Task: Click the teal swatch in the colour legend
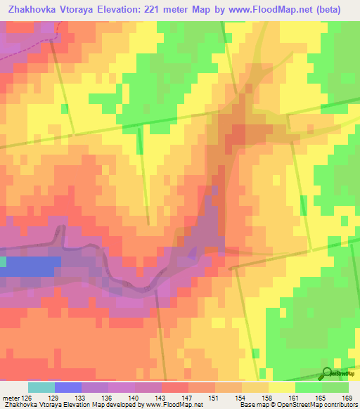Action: pos(41,387)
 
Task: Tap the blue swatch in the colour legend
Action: pos(67,387)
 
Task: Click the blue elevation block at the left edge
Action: pos(32,266)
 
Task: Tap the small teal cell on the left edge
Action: pos(3,261)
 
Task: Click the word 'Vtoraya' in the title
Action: pos(82,9)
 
